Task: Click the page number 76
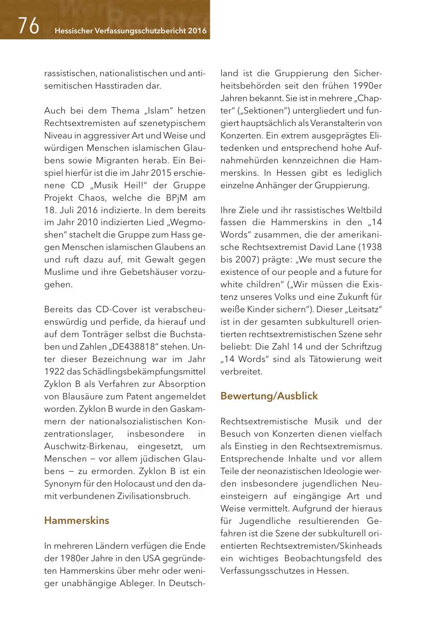pos(28,26)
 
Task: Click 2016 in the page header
pos(197,31)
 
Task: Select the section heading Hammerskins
pos(76,520)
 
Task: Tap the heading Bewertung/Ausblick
pos(269,396)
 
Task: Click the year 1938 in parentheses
pos(369,247)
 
